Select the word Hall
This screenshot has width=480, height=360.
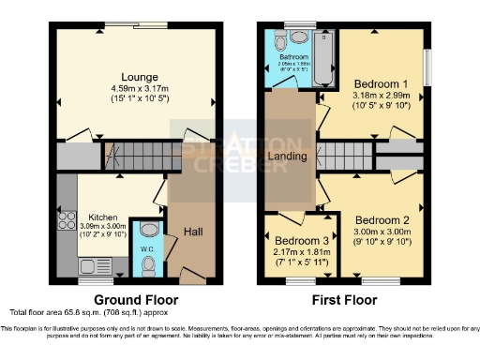193,231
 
